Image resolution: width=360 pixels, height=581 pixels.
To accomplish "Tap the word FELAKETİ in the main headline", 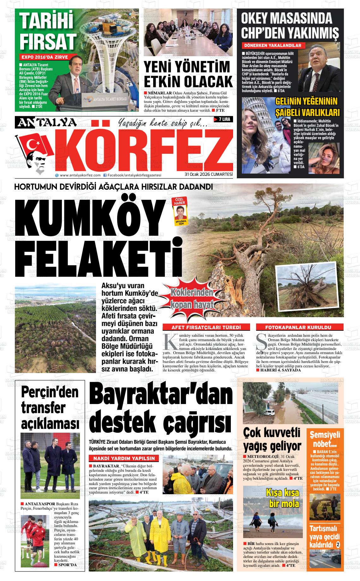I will (x=98, y=260).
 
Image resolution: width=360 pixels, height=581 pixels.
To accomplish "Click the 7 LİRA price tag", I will (x=224, y=119).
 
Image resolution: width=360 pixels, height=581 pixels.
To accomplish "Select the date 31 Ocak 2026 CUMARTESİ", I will (x=208, y=175).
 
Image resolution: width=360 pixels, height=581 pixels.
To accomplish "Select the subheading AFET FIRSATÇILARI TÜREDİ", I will (x=206, y=327).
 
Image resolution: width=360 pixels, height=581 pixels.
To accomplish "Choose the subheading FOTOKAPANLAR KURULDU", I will (x=298, y=327).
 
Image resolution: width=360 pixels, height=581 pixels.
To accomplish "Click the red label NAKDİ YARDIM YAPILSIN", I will (x=123, y=458).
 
